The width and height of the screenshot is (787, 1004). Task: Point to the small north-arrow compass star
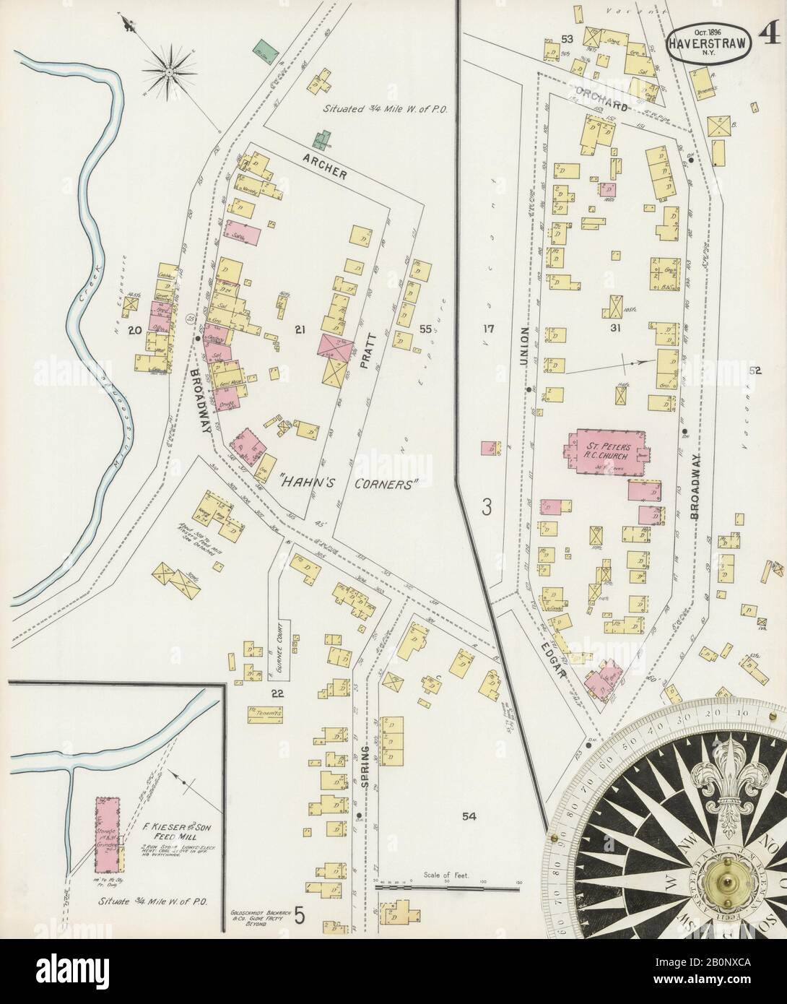[170, 71]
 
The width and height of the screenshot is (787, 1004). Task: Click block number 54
[469, 816]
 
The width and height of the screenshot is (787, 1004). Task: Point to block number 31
[615, 328]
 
